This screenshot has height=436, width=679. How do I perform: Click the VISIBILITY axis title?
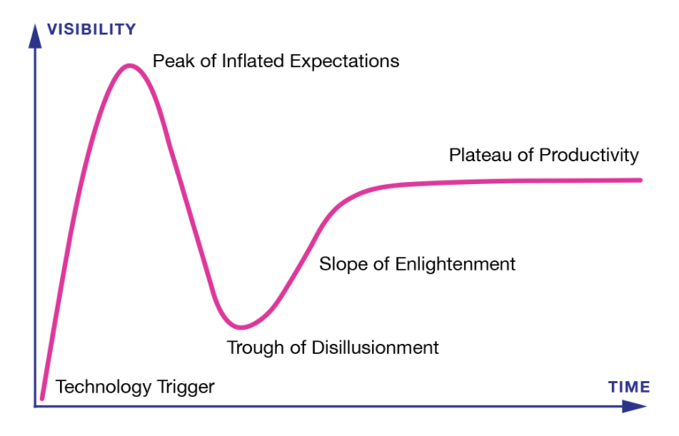tap(91, 29)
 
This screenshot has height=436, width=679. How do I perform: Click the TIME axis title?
tap(629, 386)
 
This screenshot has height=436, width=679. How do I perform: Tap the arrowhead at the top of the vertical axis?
tap(35, 35)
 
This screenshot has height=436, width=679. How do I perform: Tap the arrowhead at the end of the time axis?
tap(635, 406)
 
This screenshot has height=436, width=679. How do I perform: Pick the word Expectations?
tap(344, 62)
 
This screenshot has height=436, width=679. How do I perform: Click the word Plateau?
tap(480, 155)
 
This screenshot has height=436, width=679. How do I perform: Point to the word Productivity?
tap(589, 156)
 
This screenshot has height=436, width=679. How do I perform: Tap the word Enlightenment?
tap(455, 264)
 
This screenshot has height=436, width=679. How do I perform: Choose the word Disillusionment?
tap(375, 348)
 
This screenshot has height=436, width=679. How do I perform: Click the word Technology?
tap(104, 387)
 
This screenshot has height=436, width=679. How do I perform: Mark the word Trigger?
tap(186, 387)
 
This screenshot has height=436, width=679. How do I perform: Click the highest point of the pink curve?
tap(129, 66)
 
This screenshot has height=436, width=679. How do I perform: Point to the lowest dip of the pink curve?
tap(240, 326)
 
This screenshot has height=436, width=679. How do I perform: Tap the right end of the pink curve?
tap(640, 180)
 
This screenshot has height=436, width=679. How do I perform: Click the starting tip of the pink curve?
tap(42, 398)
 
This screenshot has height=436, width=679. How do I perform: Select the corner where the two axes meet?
tap(35, 407)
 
